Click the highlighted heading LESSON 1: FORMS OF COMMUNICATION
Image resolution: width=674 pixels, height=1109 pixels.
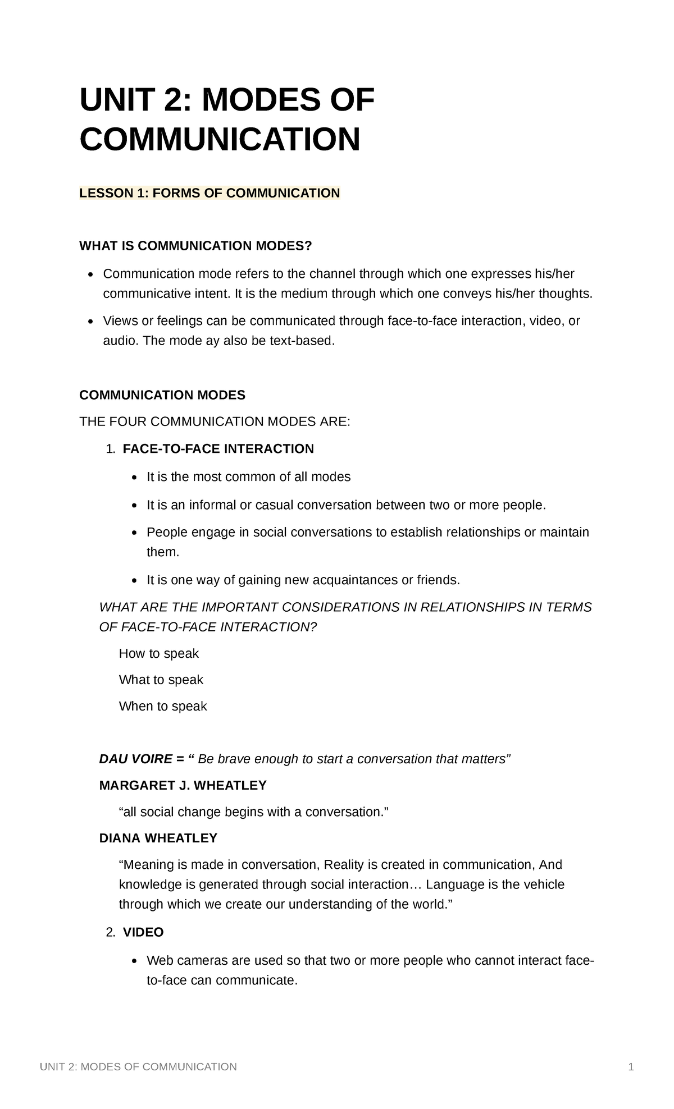210,194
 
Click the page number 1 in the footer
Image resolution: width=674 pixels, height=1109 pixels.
631,1067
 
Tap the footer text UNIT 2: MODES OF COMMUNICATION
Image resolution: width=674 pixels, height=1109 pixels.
138,1067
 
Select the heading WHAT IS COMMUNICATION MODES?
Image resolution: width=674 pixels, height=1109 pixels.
195,246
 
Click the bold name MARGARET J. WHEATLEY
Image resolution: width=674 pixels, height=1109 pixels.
183,785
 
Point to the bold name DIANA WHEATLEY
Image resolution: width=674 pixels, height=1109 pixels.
158,838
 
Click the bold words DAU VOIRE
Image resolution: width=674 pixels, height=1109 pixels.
135,759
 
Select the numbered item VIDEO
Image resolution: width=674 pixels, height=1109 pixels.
143,932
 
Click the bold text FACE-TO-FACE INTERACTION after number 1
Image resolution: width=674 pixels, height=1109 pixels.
218,449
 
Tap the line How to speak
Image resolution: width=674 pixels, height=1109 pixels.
159,653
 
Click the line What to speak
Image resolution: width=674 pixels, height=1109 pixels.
161,680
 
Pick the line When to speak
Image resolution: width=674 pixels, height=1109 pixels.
163,706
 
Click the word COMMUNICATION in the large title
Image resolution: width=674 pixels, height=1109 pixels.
220,139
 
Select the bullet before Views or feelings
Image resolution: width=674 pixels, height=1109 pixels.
90,322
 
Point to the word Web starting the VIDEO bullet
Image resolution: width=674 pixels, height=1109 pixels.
159,960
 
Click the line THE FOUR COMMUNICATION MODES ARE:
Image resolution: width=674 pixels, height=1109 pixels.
215,421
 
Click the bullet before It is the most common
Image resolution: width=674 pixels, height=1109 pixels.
134,478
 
